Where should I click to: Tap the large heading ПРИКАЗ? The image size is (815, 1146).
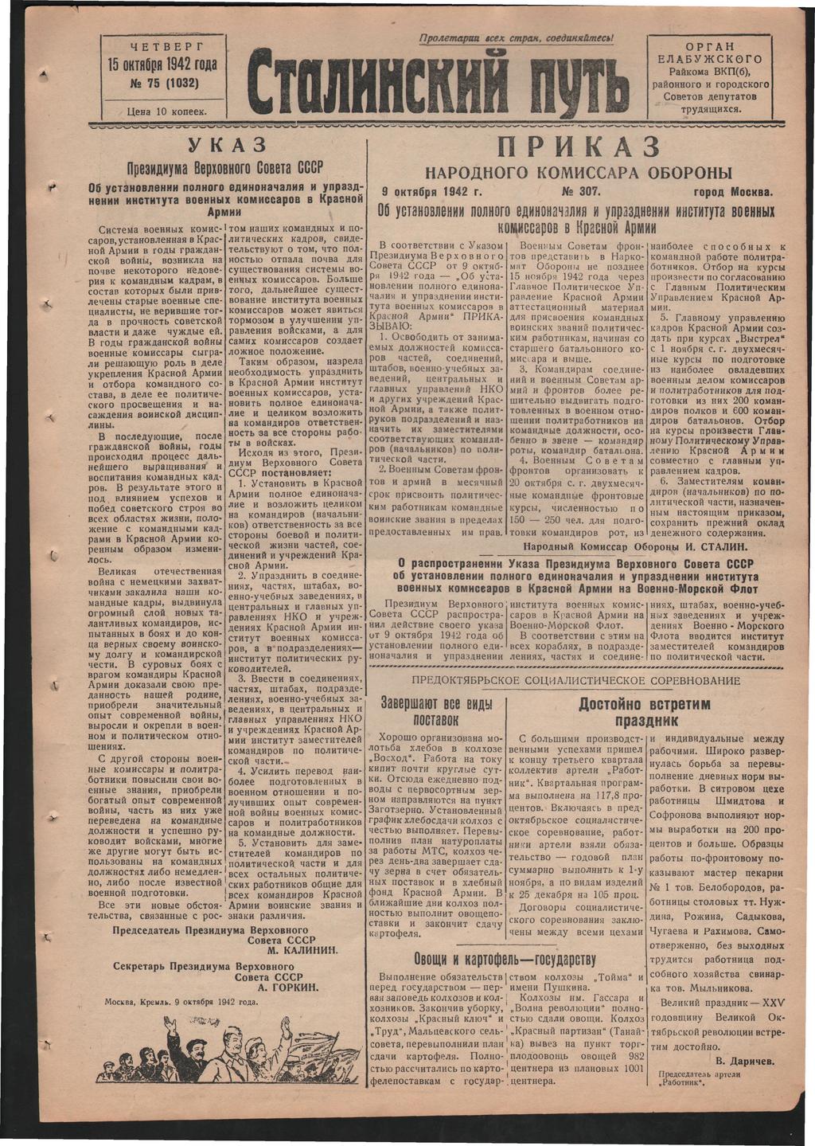579,148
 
